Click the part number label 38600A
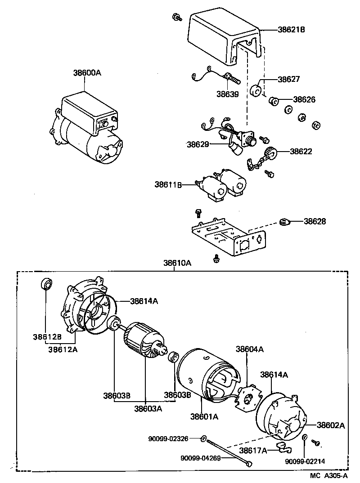click(x=87, y=72)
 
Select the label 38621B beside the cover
click(x=291, y=30)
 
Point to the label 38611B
click(x=168, y=184)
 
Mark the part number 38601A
click(x=204, y=416)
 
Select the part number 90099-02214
click(x=305, y=461)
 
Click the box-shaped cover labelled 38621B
click(x=223, y=38)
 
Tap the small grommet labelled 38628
click(x=283, y=221)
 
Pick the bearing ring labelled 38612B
click(x=46, y=284)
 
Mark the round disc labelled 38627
click(x=256, y=90)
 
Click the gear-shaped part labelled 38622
click(x=271, y=152)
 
